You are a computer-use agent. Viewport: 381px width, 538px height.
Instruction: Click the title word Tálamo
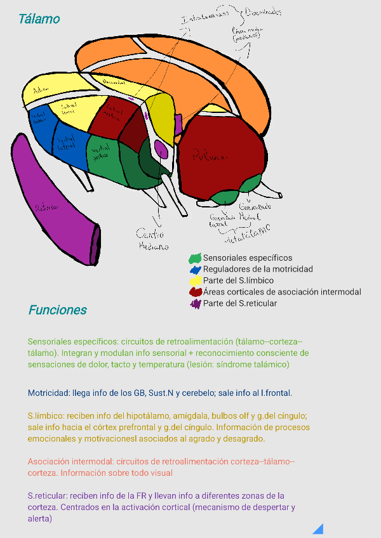(39, 19)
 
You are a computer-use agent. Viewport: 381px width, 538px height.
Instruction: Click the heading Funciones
(57, 310)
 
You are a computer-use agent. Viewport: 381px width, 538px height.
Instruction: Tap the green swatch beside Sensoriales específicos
(195, 258)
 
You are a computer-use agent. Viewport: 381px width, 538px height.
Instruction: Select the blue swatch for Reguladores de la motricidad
(195, 270)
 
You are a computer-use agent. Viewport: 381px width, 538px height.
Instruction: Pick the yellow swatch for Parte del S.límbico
(196, 281)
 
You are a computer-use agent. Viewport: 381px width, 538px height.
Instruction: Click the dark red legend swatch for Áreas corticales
(196, 292)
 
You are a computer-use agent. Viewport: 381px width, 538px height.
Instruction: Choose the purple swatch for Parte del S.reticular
(195, 304)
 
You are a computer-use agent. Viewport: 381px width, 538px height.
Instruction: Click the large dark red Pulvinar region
(219, 152)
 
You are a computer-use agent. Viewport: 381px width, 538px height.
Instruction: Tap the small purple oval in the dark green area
(161, 150)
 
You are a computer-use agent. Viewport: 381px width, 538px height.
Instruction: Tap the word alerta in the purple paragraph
(39, 518)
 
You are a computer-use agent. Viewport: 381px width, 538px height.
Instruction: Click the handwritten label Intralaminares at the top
(204, 20)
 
